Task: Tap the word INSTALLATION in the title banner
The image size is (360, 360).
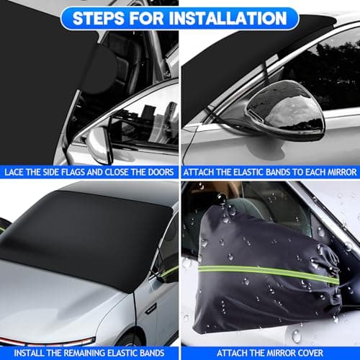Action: (x=228, y=19)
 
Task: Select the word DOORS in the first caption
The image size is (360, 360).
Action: (x=161, y=172)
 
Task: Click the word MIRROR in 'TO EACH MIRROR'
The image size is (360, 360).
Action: (x=343, y=172)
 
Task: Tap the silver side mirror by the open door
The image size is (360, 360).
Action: (x=99, y=145)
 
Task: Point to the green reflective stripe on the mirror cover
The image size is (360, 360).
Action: (x=269, y=273)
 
